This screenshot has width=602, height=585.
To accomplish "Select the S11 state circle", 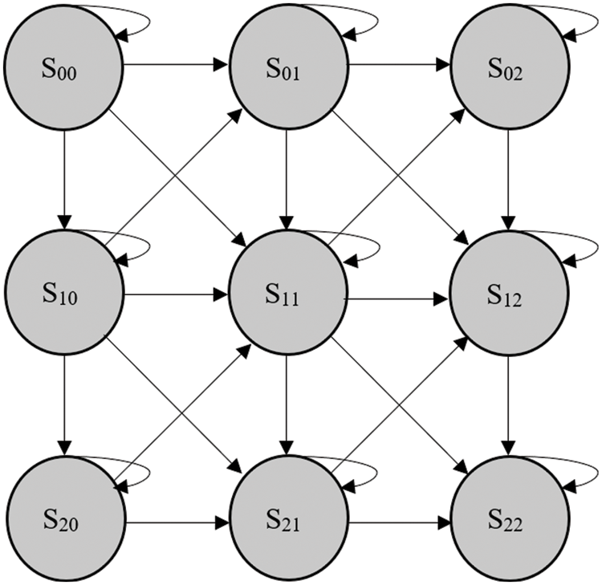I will point(287,296).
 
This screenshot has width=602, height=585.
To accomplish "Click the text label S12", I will point(506,298).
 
